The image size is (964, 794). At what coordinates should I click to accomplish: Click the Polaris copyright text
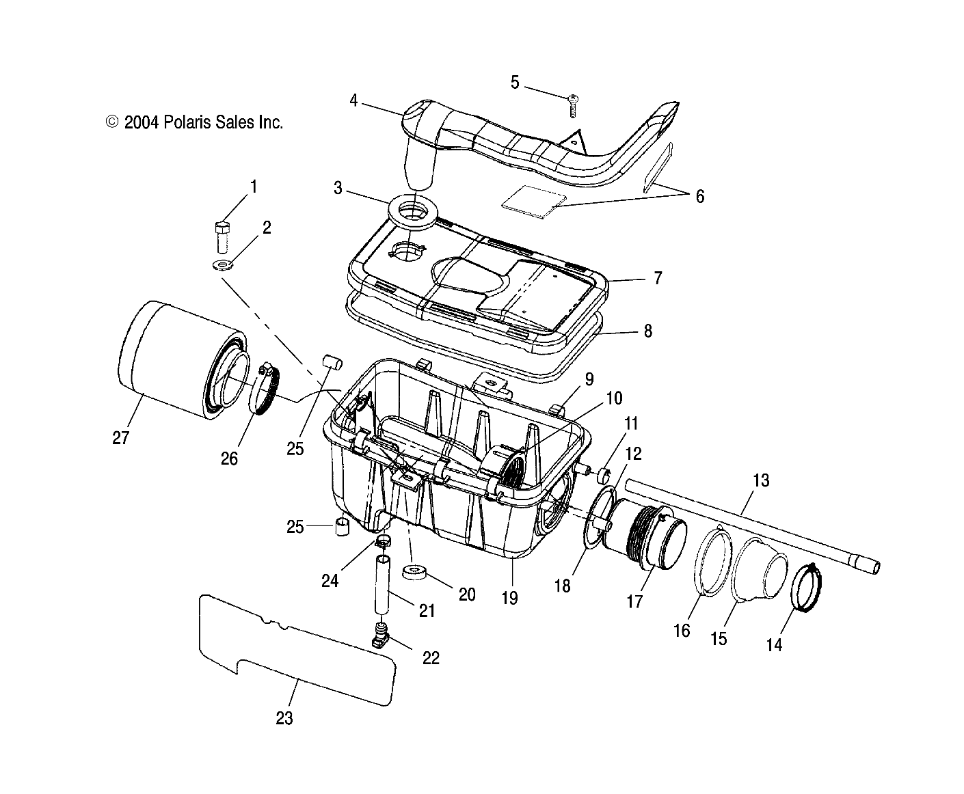point(194,122)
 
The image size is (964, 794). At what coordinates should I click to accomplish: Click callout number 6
point(699,196)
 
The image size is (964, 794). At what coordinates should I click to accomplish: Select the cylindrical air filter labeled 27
point(171,360)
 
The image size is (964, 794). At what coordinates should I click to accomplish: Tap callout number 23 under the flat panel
point(284,718)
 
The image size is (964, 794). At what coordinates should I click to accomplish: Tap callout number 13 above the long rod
point(761,480)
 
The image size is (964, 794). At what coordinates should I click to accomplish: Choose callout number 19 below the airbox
point(509,598)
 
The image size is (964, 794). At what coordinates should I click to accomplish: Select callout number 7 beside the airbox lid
point(658,277)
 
